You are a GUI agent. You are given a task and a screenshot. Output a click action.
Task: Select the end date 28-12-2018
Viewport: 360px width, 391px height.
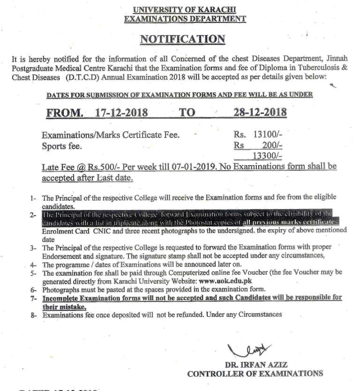(260, 113)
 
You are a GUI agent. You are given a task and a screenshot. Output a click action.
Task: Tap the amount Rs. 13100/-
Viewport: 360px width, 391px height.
(258, 135)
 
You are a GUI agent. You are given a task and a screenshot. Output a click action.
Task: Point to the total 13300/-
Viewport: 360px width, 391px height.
(267, 155)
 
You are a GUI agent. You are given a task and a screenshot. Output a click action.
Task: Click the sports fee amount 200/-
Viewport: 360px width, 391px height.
(270, 145)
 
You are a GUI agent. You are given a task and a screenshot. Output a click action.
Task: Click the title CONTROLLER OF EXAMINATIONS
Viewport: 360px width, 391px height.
(255, 374)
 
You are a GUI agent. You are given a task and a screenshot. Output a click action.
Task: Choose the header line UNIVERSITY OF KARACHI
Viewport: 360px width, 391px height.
(185, 10)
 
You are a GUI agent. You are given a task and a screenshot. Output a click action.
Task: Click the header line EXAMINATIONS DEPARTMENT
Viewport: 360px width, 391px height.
(185, 19)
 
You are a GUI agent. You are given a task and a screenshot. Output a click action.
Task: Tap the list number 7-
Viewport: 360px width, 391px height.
(34, 298)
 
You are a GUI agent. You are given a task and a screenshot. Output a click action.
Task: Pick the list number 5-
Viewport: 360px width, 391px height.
(34, 273)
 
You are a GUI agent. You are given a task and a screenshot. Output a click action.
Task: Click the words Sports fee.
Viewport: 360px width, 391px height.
(62, 146)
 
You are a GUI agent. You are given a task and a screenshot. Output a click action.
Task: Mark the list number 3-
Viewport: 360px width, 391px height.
(34, 247)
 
